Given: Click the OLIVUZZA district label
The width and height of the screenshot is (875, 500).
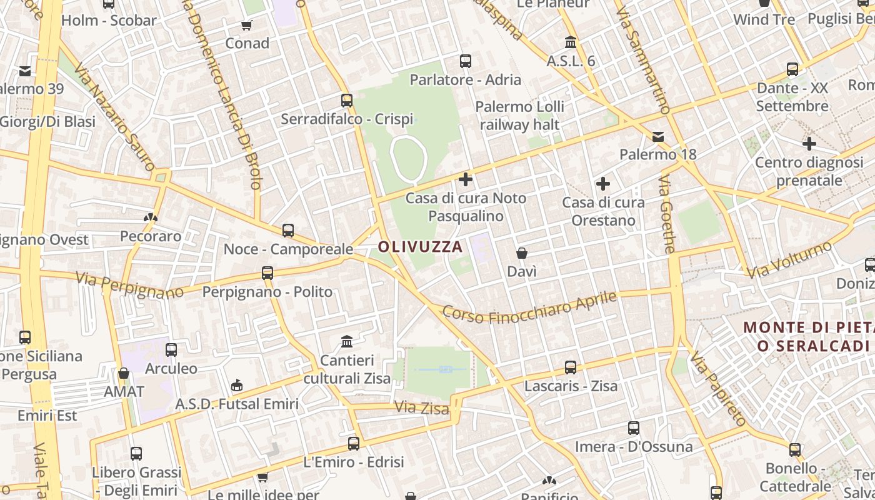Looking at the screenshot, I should (420, 247).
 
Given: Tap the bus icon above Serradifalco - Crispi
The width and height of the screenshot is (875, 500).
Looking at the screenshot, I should (346, 100).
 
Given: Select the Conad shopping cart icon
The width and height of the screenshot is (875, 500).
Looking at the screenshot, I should (247, 26).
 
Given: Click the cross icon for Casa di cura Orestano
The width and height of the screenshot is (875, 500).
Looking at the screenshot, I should (602, 184).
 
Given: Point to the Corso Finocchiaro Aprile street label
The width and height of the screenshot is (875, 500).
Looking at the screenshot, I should (529, 307).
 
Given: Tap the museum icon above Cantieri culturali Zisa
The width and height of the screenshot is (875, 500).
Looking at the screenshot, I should (347, 341).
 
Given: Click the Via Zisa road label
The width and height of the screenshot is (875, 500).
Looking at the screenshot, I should (421, 408).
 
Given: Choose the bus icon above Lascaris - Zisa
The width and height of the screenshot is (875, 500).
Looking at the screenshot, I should (571, 367).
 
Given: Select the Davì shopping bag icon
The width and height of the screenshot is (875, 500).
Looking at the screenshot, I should (522, 253).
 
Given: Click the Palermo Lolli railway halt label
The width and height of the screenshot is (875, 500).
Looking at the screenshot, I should (519, 115).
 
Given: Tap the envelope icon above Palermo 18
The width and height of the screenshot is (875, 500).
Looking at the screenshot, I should (657, 136).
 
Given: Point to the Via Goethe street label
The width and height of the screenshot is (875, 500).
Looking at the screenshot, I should (667, 214).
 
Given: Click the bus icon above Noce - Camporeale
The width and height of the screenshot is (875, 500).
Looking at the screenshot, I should (288, 230).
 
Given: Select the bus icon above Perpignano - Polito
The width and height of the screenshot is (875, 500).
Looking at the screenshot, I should (267, 272).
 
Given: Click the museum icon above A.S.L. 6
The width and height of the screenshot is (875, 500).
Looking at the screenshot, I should (571, 42).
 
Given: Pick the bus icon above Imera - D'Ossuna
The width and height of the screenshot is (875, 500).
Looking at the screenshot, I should (634, 428).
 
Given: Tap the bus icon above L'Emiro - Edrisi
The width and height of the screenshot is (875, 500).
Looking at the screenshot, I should (354, 443).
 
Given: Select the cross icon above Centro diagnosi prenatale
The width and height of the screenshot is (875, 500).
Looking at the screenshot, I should (809, 144).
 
